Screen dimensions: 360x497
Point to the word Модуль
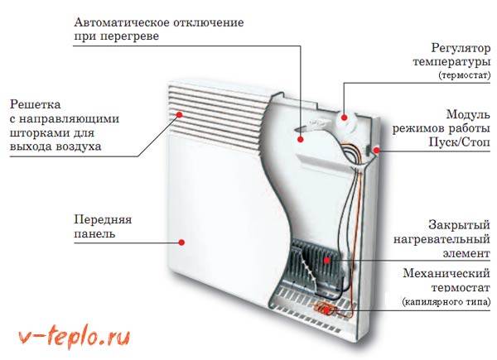point(467,113)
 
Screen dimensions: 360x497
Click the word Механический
point(444,273)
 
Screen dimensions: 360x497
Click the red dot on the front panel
point(181,242)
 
